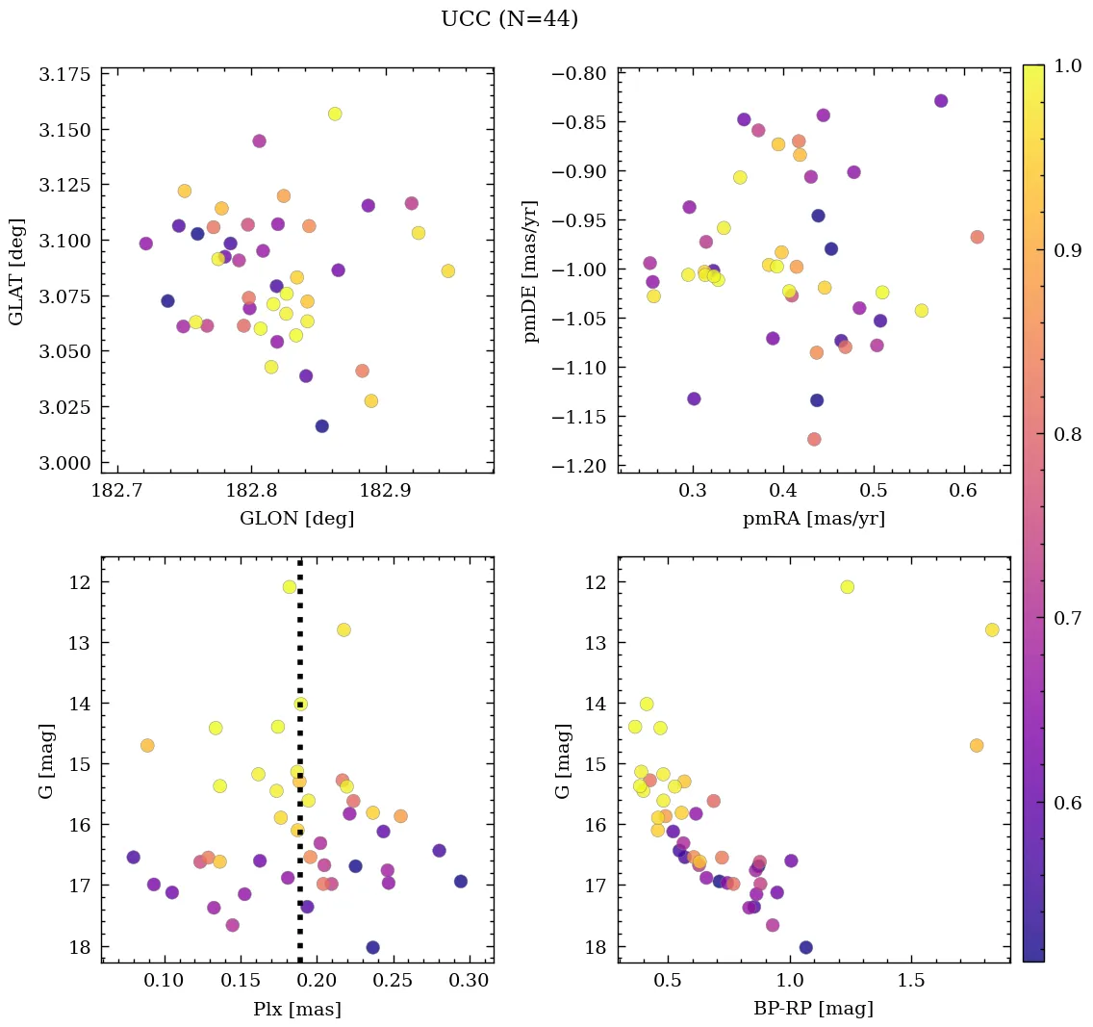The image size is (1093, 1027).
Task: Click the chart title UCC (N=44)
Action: click(509, 19)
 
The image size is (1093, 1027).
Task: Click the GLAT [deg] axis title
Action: click(17, 271)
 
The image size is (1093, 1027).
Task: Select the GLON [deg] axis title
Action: click(296, 519)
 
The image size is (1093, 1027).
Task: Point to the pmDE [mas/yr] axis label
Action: click(530, 271)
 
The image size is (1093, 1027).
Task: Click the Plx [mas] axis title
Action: click(296, 1009)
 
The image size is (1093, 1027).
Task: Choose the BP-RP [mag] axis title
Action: click(813, 1009)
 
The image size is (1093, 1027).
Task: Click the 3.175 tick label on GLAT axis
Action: click(64, 75)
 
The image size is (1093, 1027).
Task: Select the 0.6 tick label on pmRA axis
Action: click(964, 491)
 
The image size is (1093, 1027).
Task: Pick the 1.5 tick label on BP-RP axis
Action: click(911, 981)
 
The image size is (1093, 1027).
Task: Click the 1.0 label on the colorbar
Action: click(1069, 65)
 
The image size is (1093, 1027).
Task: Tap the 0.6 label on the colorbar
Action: click(1069, 803)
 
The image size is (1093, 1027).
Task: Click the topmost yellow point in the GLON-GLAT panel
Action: click(335, 114)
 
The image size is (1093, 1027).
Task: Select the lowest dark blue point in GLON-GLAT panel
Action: click(322, 426)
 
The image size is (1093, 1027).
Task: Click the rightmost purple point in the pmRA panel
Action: click(941, 101)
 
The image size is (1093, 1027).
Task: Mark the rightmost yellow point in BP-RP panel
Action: click(992, 629)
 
